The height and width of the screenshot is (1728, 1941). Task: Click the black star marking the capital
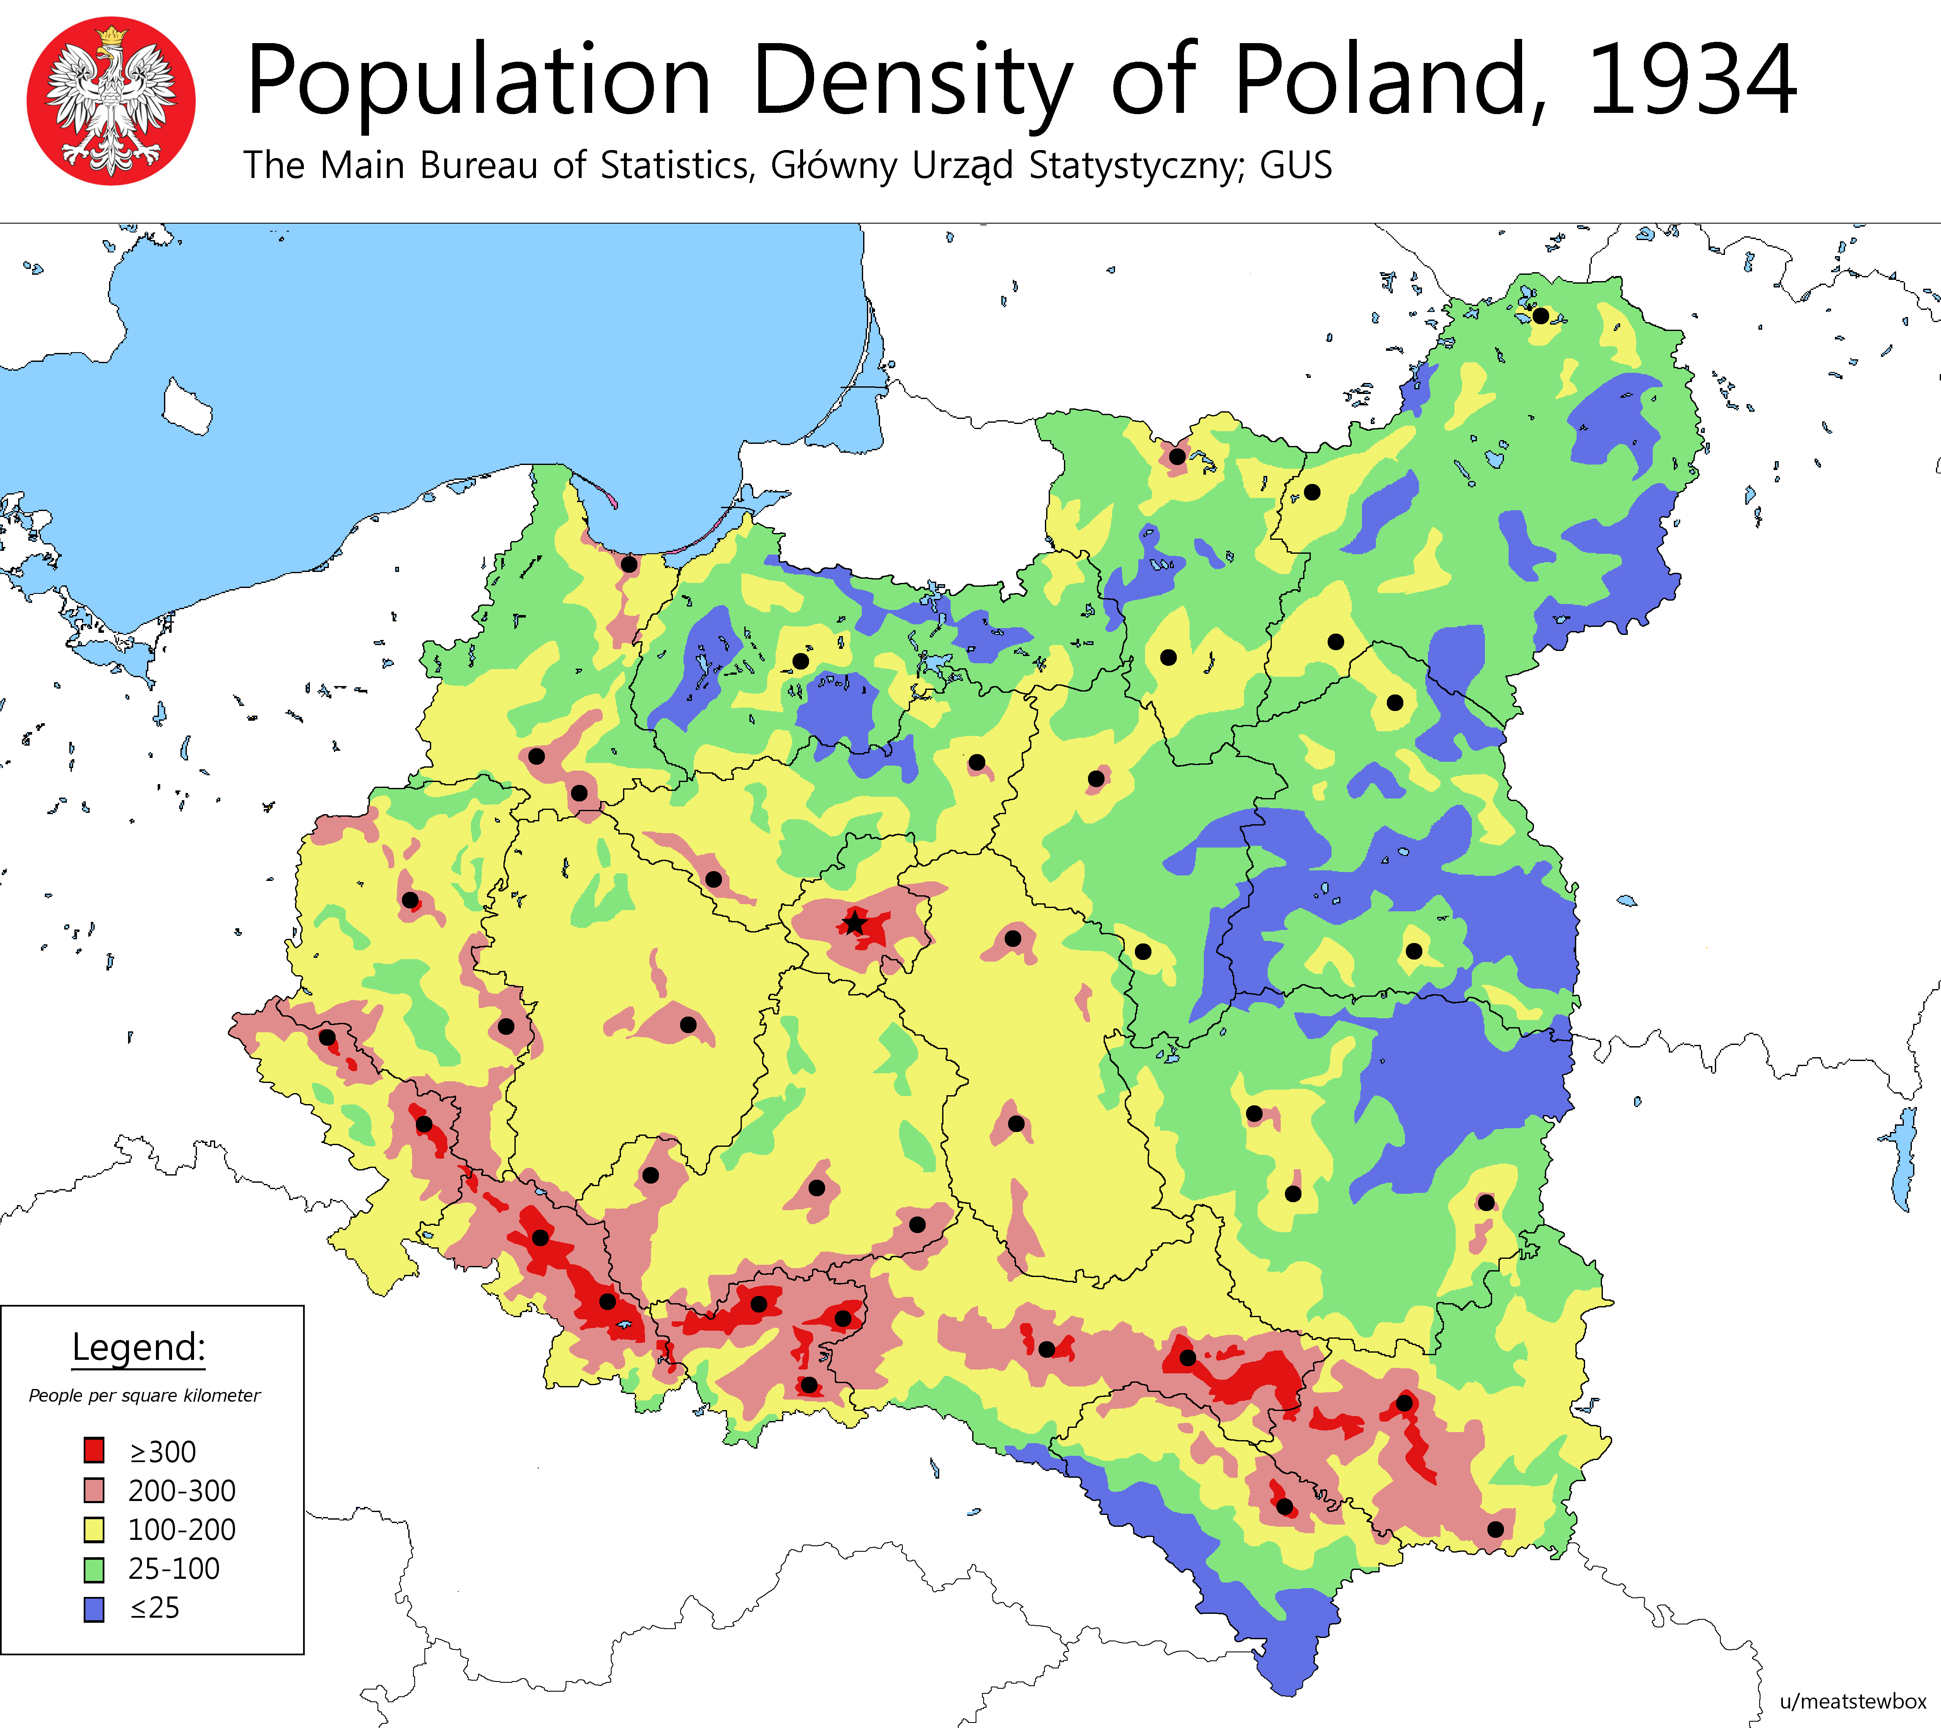click(855, 922)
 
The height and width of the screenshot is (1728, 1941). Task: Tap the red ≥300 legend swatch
click(94, 1451)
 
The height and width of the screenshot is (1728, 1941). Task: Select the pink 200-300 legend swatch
click(94, 1490)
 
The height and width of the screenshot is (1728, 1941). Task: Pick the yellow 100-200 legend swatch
click(94, 1528)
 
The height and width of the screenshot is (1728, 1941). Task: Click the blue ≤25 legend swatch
click(94, 1608)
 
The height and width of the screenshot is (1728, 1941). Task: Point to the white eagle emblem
click(111, 101)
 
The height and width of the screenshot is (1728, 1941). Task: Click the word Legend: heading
click(139, 1346)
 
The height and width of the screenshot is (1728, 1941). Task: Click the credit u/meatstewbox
click(1853, 1701)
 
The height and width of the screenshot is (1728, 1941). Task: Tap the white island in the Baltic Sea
click(187, 406)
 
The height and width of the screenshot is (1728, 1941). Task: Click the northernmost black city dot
click(1540, 315)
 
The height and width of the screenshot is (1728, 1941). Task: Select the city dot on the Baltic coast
click(629, 564)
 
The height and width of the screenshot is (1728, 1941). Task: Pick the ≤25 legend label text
click(155, 1608)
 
